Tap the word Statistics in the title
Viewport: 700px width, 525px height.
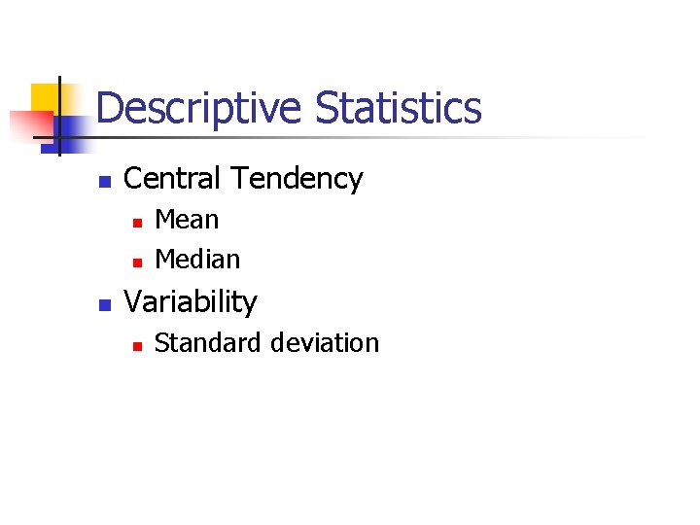pyautogui.click(x=399, y=107)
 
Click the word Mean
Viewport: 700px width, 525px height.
pyautogui.click(x=187, y=220)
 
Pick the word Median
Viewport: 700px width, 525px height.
pyautogui.click(x=197, y=260)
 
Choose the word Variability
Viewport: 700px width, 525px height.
pyautogui.click(x=191, y=302)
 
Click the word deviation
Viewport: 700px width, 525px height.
pyautogui.click(x=326, y=343)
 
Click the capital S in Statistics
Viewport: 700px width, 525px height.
pyautogui.click(x=328, y=108)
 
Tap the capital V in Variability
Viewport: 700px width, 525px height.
pyautogui.click(x=134, y=302)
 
